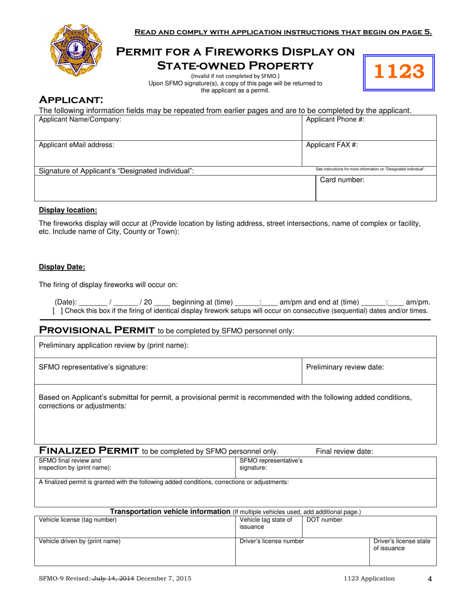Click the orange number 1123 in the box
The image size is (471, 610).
tap(399, 72)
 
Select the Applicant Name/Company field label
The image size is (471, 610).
tap(80, 120)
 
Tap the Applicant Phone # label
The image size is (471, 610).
tap(335, 120)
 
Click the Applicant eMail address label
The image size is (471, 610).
tap(76, 145)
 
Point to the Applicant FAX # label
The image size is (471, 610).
tap(332, 145)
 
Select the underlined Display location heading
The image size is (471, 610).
tap(68, 210)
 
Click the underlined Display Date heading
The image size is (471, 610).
tap(62, 267)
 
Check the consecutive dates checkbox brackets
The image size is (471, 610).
tap(58, 311)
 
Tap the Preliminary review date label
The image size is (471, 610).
tap(345, 367)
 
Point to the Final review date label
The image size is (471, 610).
tap(345, 451)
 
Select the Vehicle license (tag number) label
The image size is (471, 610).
tap(78, 520)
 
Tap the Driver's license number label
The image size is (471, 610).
tap(272, 541)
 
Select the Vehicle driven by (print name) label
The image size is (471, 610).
tap(79, 541)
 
